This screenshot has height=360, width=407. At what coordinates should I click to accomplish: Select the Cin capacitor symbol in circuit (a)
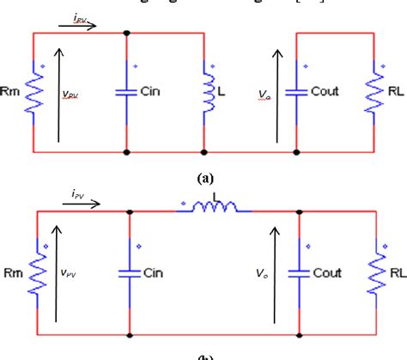[128, 92]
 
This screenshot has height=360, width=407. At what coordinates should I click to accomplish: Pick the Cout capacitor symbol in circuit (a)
[296, 92]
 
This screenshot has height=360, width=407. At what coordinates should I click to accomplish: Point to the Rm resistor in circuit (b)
[35, 276]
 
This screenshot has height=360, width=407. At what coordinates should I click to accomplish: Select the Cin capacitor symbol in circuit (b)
[128, 276]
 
